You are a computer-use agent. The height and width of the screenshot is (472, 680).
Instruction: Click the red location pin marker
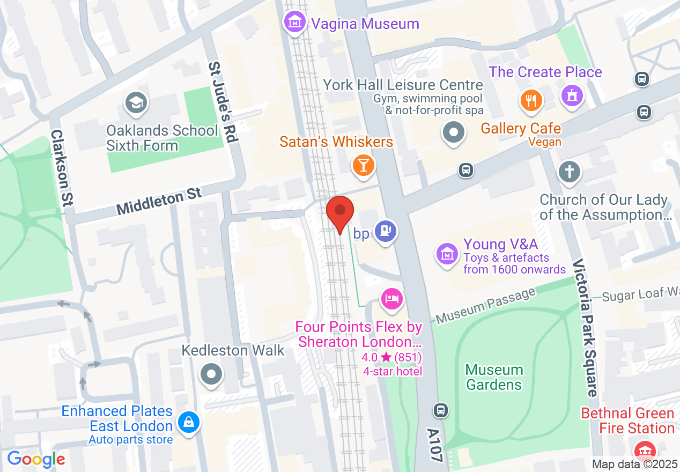point(340,211)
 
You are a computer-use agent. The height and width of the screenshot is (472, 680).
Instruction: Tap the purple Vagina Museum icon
point(295,23)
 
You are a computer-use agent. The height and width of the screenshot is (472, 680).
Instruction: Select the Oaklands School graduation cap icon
point(135,103)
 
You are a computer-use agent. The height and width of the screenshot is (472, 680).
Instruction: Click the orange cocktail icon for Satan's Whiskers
point(363,165)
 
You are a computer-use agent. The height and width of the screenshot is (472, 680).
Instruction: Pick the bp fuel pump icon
point(385,231)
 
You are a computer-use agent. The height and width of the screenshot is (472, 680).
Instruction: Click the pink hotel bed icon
point(391,298)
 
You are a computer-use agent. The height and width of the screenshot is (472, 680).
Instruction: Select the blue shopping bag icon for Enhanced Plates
point(189,422)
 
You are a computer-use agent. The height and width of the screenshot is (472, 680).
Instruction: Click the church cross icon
point(570,172)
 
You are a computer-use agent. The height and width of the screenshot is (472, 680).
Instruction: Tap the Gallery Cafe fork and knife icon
point(531,101)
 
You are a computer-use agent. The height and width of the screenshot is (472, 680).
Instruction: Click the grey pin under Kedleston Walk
point(211,373)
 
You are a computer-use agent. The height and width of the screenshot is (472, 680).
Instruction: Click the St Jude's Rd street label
point(222,102)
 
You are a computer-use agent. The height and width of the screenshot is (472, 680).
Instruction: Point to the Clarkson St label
point(62,168)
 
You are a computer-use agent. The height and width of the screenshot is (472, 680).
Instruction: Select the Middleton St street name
point(159,201)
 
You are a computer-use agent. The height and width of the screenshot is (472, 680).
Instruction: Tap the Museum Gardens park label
point(494,377)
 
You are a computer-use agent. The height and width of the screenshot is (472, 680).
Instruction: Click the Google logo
point(36,459)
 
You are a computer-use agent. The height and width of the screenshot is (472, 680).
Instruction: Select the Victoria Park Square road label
point(585,327)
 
